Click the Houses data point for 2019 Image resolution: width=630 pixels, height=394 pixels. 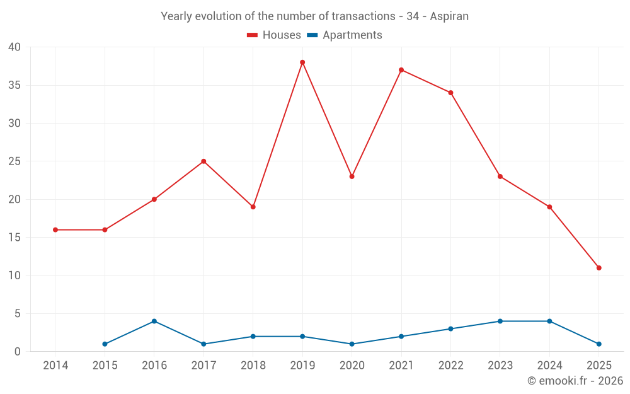tap(302, 62)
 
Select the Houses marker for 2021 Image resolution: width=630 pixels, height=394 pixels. tap(401, 70)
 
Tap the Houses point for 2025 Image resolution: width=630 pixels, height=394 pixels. tap(598, 268)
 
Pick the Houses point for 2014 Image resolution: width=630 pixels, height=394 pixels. tap(55, 230)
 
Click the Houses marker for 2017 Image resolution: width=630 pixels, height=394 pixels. tap(203, 161)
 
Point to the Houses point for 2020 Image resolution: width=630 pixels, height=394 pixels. tap(352, 177)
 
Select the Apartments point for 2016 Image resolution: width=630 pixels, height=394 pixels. tap(154, 322)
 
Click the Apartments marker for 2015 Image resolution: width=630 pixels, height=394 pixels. tap(105, 344)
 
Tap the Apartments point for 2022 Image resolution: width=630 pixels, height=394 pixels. tap(450, 329)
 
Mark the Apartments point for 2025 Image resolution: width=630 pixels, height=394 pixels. tap(598, 344)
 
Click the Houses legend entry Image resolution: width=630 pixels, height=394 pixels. tap(274, 35)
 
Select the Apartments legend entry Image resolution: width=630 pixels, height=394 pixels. tap(345, 35)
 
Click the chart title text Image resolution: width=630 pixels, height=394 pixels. tap(314, 16)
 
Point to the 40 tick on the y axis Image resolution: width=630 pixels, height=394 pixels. tap(14, 47)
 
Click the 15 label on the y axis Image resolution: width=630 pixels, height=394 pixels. tap(14, 238)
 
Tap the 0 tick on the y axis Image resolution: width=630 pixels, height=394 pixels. tap(18, 352)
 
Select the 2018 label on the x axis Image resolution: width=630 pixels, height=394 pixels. tap(253, 366)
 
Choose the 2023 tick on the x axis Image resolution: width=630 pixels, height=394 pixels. tap(500, 366)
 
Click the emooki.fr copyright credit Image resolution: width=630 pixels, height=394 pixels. tap(575, 381)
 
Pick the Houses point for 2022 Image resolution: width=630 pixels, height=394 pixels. tap(450, 93)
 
